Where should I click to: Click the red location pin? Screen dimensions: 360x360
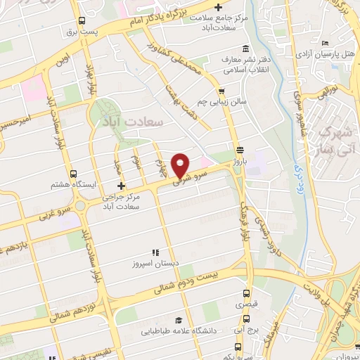click(x=181, y=165)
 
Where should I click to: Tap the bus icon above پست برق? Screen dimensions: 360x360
click(x=83, y=21)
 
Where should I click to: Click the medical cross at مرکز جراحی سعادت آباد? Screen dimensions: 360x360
click(x=121, y=186)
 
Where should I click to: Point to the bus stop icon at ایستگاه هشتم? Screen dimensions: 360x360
click(x=73, y=173)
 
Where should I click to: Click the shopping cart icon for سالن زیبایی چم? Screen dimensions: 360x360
click(x=221, y=91)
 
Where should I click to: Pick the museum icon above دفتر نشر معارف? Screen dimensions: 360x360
click(x=245, y=49)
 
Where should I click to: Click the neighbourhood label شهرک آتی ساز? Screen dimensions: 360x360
click(x=334, y=141)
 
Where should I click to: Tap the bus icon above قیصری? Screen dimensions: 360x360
click(x=241, y=295)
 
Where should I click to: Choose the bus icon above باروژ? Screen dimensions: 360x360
click(x=240, y=150)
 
